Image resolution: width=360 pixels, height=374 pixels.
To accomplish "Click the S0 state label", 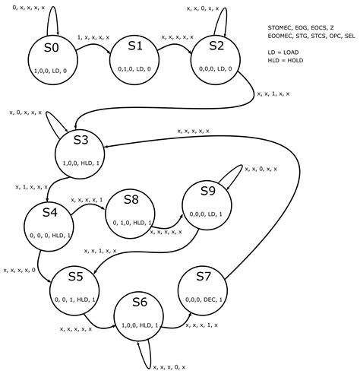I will [x=51, y=48].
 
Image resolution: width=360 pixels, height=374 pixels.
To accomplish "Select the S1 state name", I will [x=134, y=46].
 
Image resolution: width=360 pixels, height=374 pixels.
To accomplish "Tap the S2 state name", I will [x=217, y=45].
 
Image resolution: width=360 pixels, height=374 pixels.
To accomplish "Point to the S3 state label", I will [x=81, y=140].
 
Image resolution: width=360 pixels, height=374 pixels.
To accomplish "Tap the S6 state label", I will [x=139, y=303].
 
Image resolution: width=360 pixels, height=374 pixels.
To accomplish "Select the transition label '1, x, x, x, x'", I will [x=94, y=36].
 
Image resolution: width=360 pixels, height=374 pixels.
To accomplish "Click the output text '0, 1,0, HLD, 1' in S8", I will [x=129, y=223].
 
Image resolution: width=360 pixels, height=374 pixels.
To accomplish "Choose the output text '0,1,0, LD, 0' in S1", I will [x=134, y=68].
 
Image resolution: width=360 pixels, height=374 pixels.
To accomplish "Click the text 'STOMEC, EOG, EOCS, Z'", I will [x=301, y=27].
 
